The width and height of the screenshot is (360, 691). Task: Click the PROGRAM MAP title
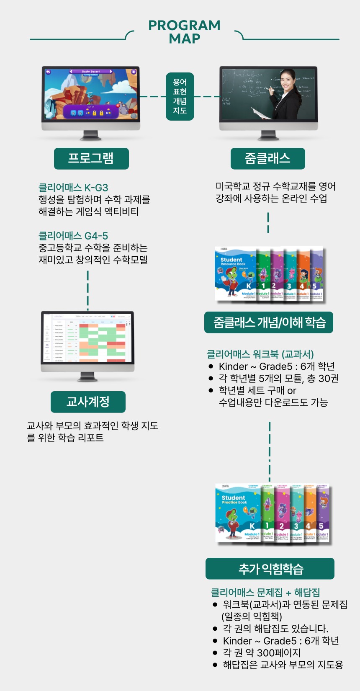184,32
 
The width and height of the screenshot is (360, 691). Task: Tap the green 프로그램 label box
91,158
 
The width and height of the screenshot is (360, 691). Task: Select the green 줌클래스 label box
267,159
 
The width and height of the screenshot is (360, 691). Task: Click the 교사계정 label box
88,402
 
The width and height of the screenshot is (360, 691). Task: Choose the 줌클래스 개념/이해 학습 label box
269,322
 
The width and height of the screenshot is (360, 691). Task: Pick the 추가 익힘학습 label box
270,569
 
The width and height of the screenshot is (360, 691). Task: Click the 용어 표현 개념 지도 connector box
180,96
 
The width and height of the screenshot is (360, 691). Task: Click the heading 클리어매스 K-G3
73,188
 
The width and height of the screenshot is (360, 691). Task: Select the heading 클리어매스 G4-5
73,236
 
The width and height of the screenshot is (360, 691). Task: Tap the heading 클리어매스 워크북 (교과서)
260,354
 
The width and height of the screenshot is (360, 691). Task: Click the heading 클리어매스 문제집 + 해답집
265,592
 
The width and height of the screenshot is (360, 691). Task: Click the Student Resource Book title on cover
233,262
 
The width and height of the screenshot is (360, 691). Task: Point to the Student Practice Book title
234,500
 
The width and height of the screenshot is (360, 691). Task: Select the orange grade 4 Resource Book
302,274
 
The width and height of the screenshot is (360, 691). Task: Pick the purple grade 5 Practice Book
323,513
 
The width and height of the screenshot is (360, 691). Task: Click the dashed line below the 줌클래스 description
268,223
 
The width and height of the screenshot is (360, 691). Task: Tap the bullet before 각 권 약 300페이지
215,653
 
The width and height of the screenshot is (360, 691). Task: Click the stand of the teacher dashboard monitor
87,376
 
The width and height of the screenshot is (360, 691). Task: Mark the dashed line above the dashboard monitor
87,290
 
